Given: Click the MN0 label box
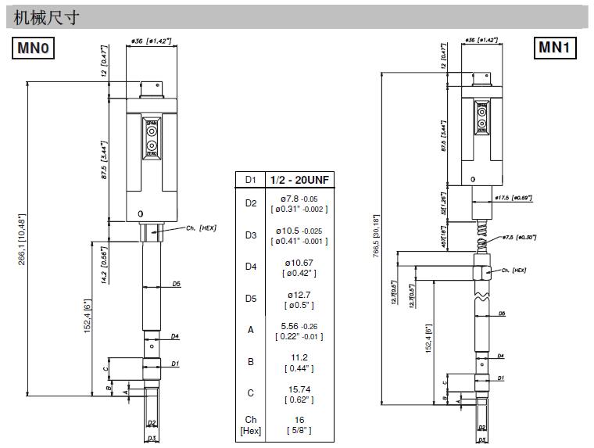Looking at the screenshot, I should pyautogui.click(x=34, y=48).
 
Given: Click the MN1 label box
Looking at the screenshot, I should pyautogui.click(x=556, y=48).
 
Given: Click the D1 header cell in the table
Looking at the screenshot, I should pyautogui.click(x=251, y=180).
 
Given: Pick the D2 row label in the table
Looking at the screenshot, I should pyautogui.click(x=251, y=203).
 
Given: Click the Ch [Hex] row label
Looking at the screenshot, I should pyautogui.click(x=251, y=425).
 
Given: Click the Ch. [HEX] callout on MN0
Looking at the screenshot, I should pyautogui.click(x=201, y=228).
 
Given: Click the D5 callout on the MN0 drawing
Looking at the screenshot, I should pyautogui.click(x=177, y=285).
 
